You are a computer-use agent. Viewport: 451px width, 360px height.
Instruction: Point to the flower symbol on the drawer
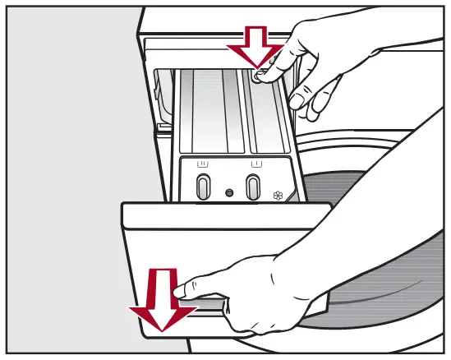276,196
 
